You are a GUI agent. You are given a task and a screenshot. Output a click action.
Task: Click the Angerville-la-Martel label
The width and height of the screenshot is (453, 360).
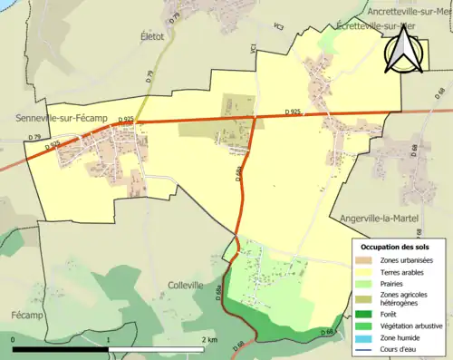(x=395, y=219)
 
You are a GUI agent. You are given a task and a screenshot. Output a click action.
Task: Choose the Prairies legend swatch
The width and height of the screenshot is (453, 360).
(x=366, y=282)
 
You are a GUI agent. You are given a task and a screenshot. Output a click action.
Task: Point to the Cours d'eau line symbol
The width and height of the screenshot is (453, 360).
(x=366, y=349)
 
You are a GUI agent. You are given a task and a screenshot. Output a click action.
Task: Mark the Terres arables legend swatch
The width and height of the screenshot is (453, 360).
(x=366, y=270)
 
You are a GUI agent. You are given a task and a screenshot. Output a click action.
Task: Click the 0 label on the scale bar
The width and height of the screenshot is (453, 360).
(x=14, y=339)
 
